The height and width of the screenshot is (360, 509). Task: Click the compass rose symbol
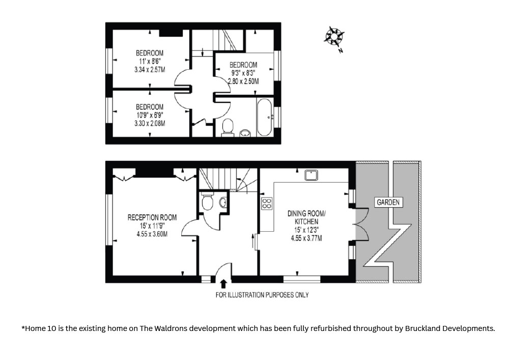pos(334,36)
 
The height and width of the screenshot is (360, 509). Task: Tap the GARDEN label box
pos(388,202)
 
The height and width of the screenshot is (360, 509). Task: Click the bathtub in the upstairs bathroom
pos(265,117)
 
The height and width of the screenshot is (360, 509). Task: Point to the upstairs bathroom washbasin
pos(245,133)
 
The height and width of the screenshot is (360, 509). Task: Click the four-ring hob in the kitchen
pos(267,203)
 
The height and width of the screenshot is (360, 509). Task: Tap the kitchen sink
pos(312,175)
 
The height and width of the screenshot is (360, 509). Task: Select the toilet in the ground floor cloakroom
pos(207,201)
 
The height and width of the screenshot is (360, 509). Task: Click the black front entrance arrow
pos(223,284)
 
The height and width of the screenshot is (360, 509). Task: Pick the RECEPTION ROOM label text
pos(152,217)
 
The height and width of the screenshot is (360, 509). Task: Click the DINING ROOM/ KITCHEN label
pos(306,217)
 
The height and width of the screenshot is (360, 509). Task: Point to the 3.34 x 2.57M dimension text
pos(150,69)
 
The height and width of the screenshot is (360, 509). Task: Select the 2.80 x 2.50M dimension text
pos(243,81)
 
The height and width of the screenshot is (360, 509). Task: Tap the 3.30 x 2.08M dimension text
pos(150,123)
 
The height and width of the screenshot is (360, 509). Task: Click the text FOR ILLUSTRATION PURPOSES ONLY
pos(262,295)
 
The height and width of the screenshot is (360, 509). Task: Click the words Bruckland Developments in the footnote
pos(450,328)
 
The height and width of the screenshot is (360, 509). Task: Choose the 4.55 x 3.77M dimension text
pos(306,238)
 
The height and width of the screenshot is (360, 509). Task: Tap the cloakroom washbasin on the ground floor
pos(223,203)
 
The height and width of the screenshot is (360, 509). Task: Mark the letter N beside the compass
pos(341,50)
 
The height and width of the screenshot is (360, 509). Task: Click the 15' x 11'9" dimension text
pos(152,226)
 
